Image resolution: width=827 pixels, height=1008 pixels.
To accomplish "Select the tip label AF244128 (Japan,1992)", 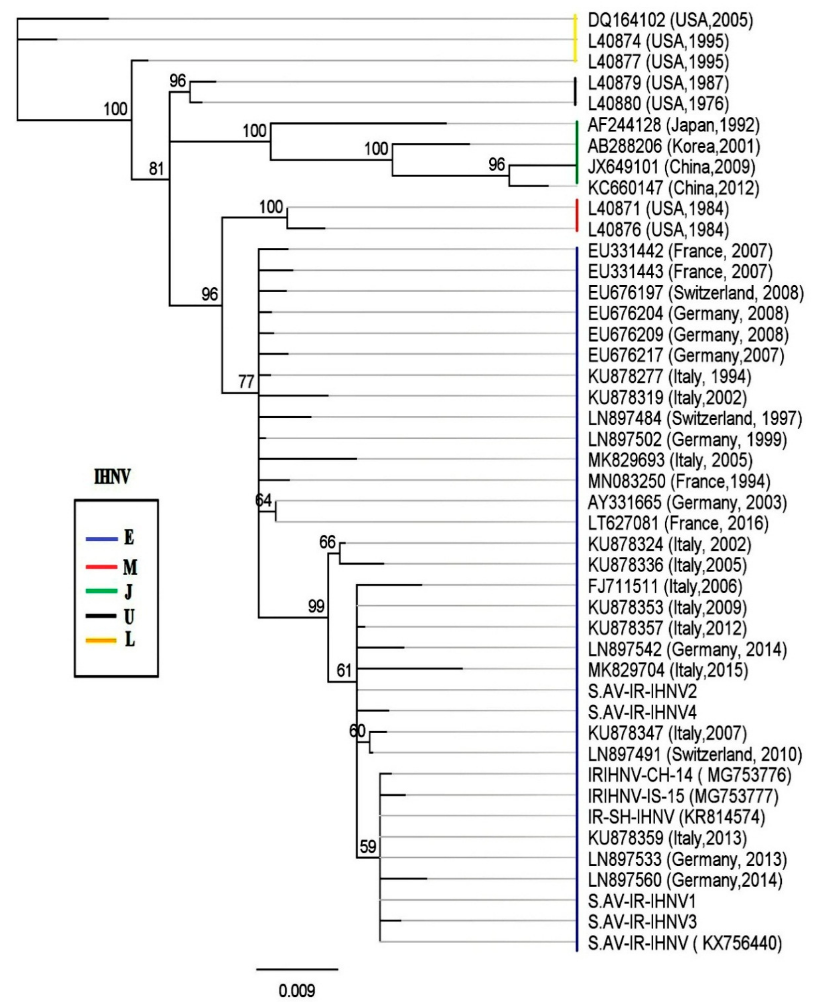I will (673, 125).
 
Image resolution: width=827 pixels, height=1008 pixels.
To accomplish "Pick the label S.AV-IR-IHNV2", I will (642, 691).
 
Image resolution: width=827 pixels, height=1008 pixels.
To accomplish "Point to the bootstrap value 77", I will (246, 382).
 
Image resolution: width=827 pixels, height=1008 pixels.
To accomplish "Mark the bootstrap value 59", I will (368, 847).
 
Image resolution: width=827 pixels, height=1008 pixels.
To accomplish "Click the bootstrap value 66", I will (327, 542).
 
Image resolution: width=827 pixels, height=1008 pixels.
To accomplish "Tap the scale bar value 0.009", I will (297, 991).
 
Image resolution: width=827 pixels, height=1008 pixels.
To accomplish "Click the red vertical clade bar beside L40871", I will (577, 216).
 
